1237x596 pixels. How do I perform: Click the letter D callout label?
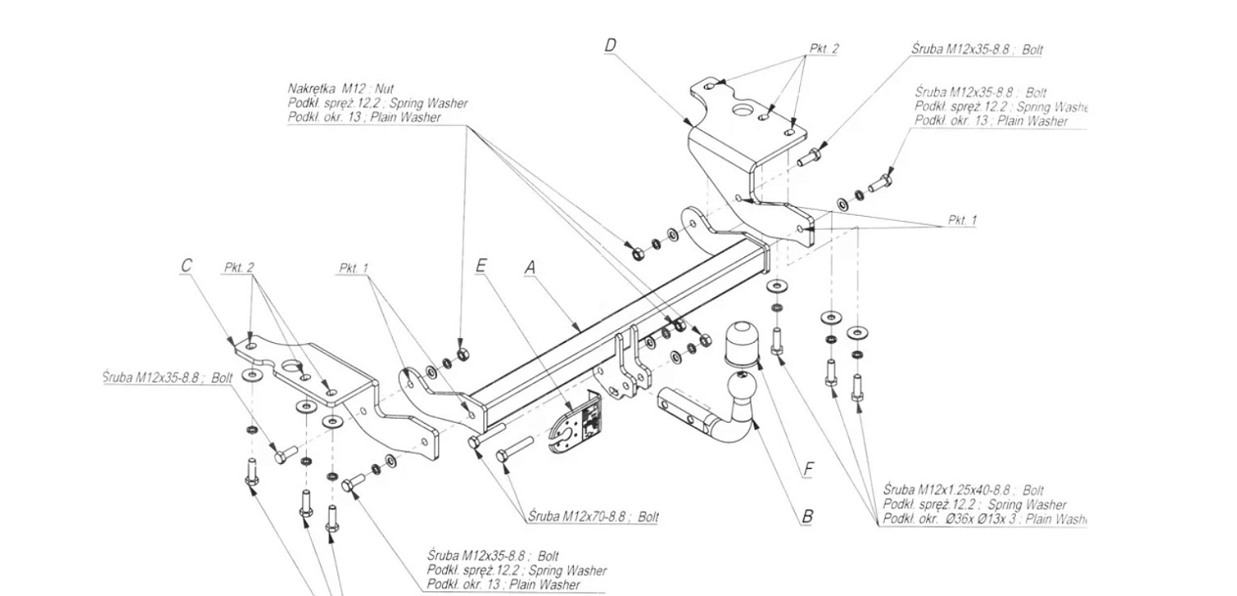pyautogui.click(x=610, y=45)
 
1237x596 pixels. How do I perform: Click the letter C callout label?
pyautogui.click(x=186, y=265)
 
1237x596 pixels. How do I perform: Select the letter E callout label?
pyautogui.click(x=481, y=265)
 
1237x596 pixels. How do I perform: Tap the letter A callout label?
pyautogui.click(x=530, y=267)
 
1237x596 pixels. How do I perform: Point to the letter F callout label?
pyautogui.click(x=808, y=470)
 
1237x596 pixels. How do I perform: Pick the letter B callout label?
pyautogui.click(x=807, y=517)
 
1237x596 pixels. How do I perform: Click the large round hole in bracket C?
pyautogui.click(x=291, y=368)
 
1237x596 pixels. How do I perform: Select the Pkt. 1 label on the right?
pyautogui.click(x=962, y=220)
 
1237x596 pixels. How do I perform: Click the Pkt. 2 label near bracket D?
pyautogui.click(x=824, y=49)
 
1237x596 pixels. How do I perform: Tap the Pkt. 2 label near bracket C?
pyautogui.click(x=238, y=268)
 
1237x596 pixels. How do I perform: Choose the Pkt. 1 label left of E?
pyautogui.click(x=354, y=268)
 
